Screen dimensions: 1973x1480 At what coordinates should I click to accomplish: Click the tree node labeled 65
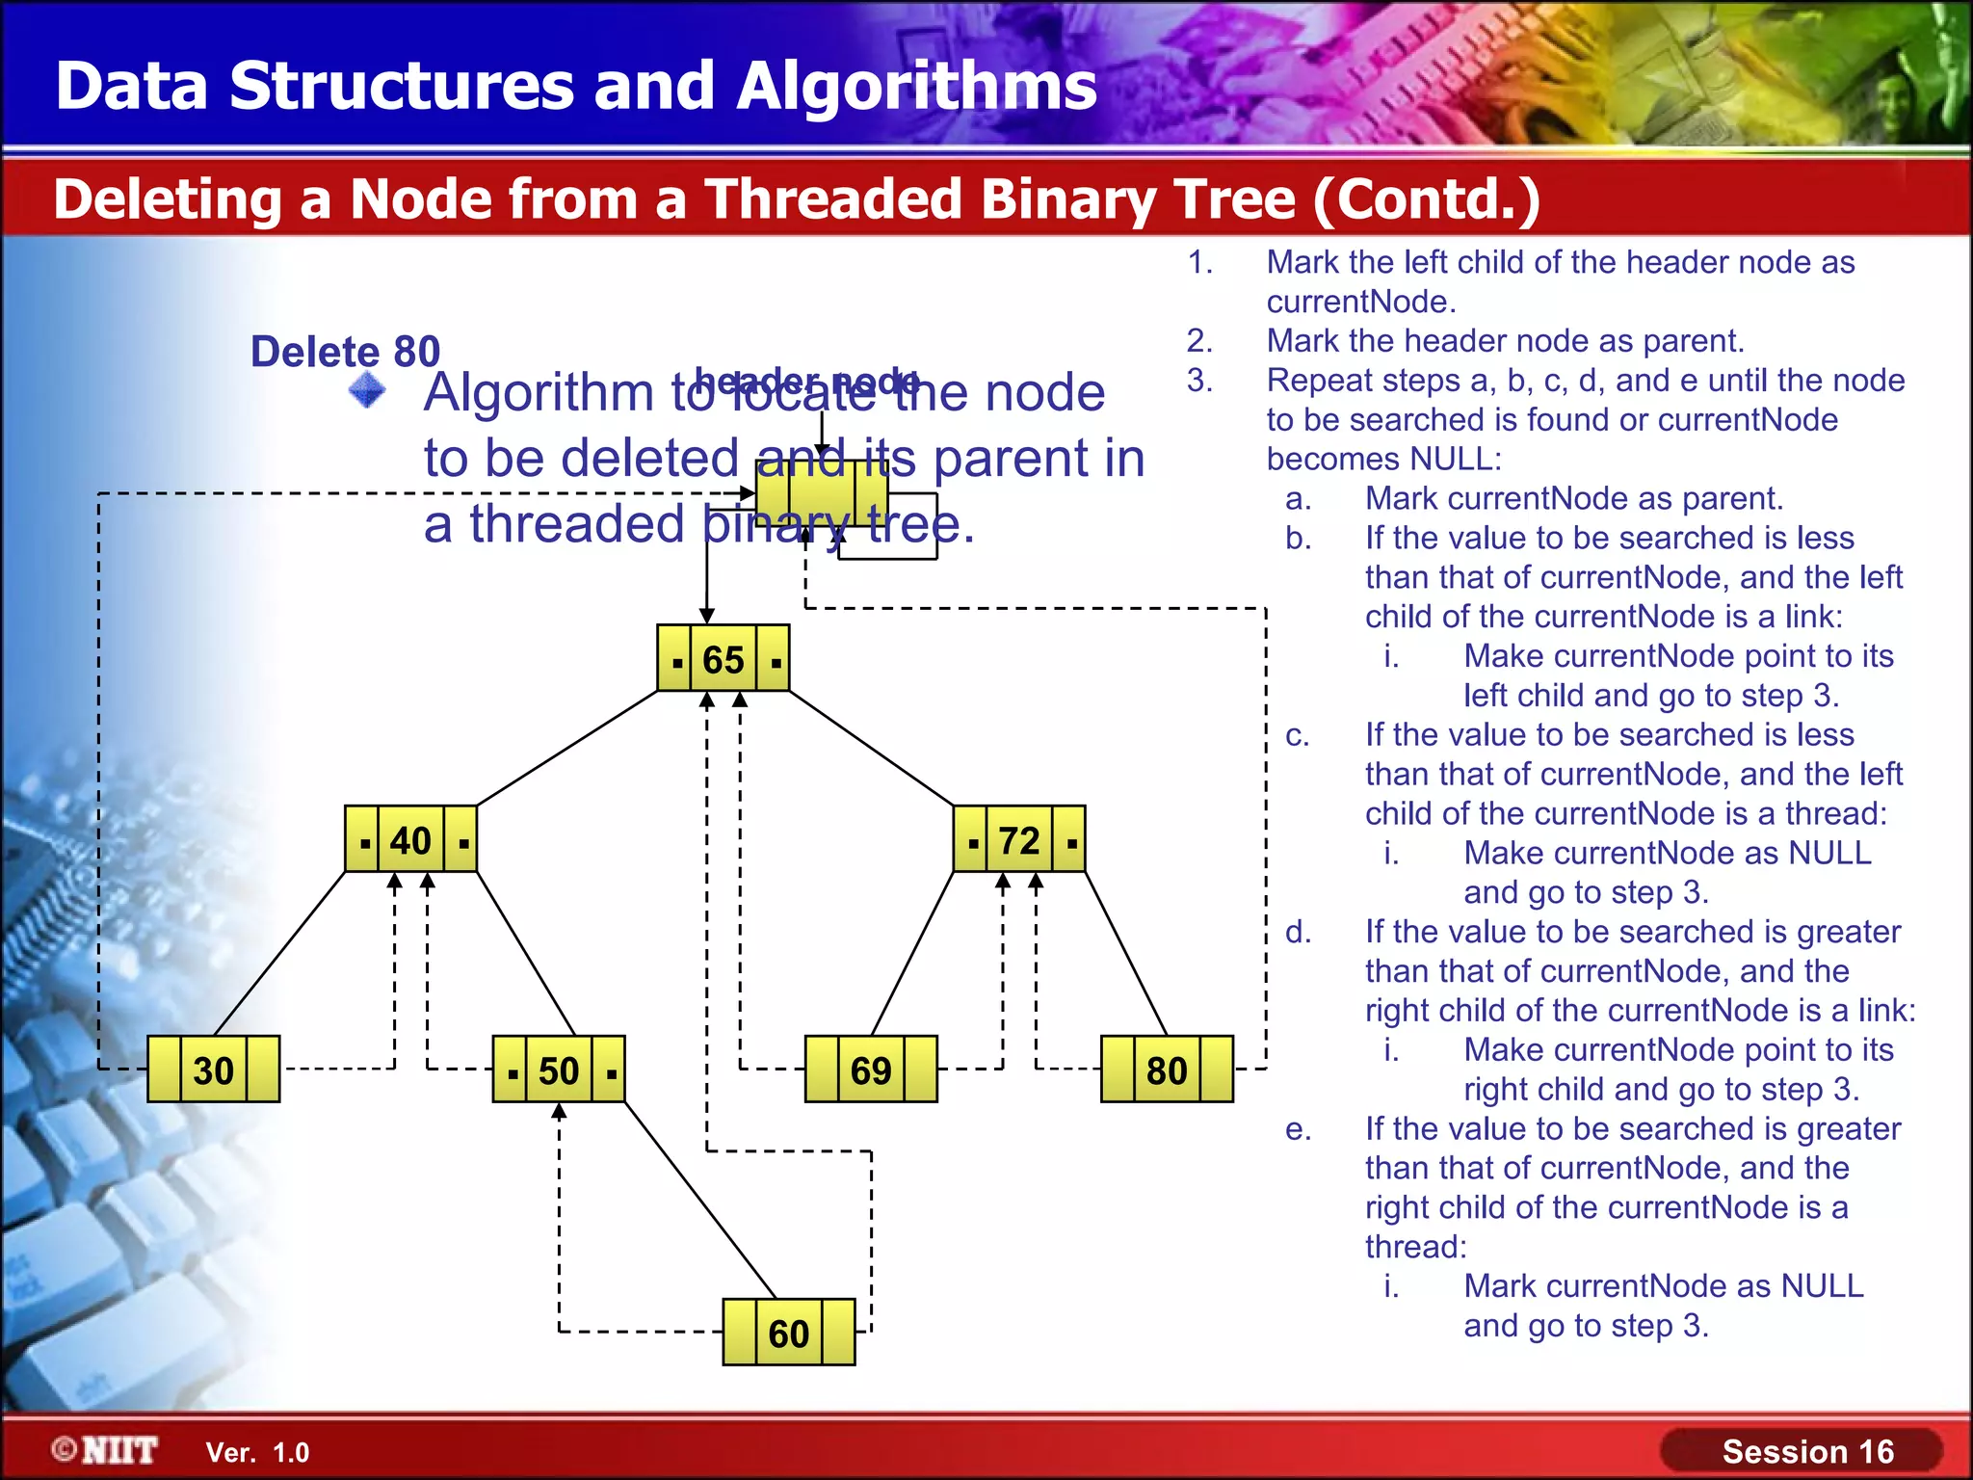(723, 659)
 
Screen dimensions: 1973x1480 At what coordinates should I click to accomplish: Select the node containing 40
(410, 840)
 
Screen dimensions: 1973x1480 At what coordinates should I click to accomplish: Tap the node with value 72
(1019, 840)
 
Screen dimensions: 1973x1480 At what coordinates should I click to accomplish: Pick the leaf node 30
(213, 1070)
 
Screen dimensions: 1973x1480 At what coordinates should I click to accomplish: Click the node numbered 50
(559, 1070)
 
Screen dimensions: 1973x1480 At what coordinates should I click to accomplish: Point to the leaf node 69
(871, 1070)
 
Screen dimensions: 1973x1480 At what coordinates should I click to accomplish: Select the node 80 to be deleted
(1167, 1070)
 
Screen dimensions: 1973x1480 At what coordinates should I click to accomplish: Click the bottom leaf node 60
(789, 1333)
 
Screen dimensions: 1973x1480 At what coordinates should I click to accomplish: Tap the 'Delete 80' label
(345, 352)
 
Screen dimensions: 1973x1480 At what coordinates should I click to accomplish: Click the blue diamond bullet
(367, 391)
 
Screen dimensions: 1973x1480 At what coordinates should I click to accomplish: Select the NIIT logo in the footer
(106, 1450)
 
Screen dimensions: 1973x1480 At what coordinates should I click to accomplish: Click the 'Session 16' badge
(1806, 1451)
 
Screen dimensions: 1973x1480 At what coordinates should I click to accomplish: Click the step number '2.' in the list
(1199, 340)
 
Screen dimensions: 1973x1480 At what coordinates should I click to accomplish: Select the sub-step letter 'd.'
(1298, 932)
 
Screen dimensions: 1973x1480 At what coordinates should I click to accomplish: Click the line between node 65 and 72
(871, 748)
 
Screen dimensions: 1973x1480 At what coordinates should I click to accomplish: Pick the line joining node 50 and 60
(700, 1201)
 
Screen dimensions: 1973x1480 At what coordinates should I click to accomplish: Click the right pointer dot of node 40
(463, 844)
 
